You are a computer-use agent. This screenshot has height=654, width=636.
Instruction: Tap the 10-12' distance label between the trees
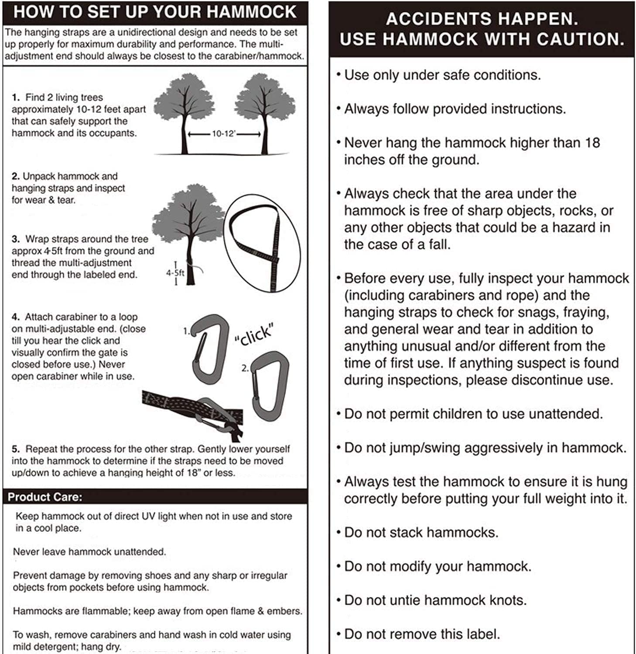tap(223, 134)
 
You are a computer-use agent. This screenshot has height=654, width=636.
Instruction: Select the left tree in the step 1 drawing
tap(185, 111)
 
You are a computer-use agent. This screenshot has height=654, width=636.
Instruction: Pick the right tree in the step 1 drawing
tap(264, 111)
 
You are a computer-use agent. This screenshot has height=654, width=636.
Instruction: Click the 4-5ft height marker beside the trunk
tap(175, 273)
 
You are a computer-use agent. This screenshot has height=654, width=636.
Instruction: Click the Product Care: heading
tap(45, 497)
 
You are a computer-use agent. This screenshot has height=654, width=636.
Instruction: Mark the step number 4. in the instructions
tap(16, 317)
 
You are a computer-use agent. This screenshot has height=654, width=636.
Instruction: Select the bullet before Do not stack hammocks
tap(339, 532)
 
